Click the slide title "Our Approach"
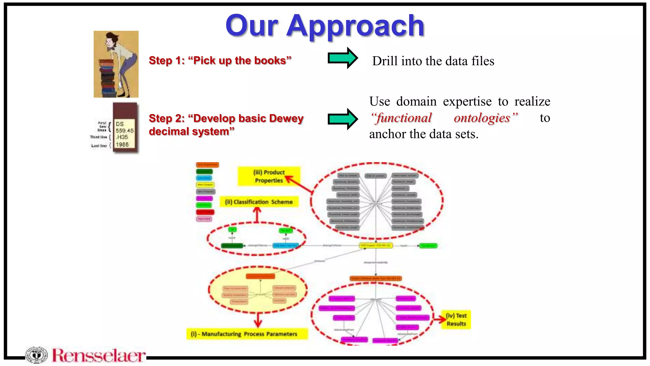325,26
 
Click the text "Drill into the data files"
433,61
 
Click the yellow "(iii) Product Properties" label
269,176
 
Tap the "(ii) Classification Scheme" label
259,202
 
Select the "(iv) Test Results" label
456,320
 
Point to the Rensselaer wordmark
99,356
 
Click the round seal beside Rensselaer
36,355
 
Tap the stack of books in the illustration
107,78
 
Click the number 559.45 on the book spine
124,131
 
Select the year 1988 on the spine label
122,145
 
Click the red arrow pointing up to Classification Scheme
257,214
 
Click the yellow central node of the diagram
376,246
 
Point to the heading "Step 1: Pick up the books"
220,60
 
